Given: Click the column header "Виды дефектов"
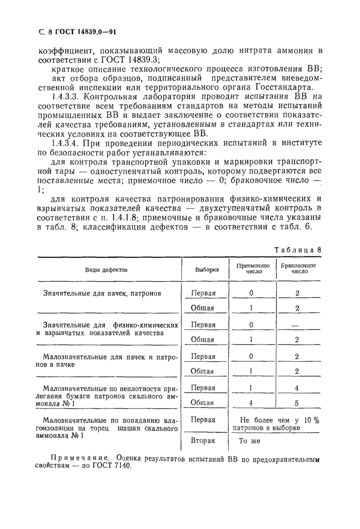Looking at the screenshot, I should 106,269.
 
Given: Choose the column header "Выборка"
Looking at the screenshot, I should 207,269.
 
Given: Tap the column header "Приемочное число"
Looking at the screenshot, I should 252,269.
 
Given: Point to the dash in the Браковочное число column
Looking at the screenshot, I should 297,325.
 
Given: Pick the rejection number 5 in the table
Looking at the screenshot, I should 297,403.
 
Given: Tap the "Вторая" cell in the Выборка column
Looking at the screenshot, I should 203,441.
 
